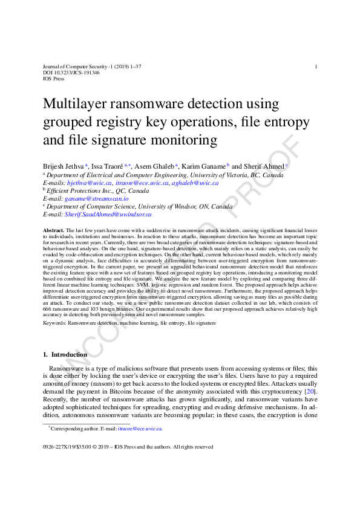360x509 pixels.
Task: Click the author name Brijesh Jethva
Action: (64, 166)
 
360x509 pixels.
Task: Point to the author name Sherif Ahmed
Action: (263, 166)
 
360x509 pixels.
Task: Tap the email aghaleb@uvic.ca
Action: (195, 183)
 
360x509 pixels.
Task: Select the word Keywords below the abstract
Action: (54, 323)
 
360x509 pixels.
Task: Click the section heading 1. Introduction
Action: (57, 354)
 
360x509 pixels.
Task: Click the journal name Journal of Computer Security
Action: (77, 66)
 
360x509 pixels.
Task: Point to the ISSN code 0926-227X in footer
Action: (57, 447)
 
